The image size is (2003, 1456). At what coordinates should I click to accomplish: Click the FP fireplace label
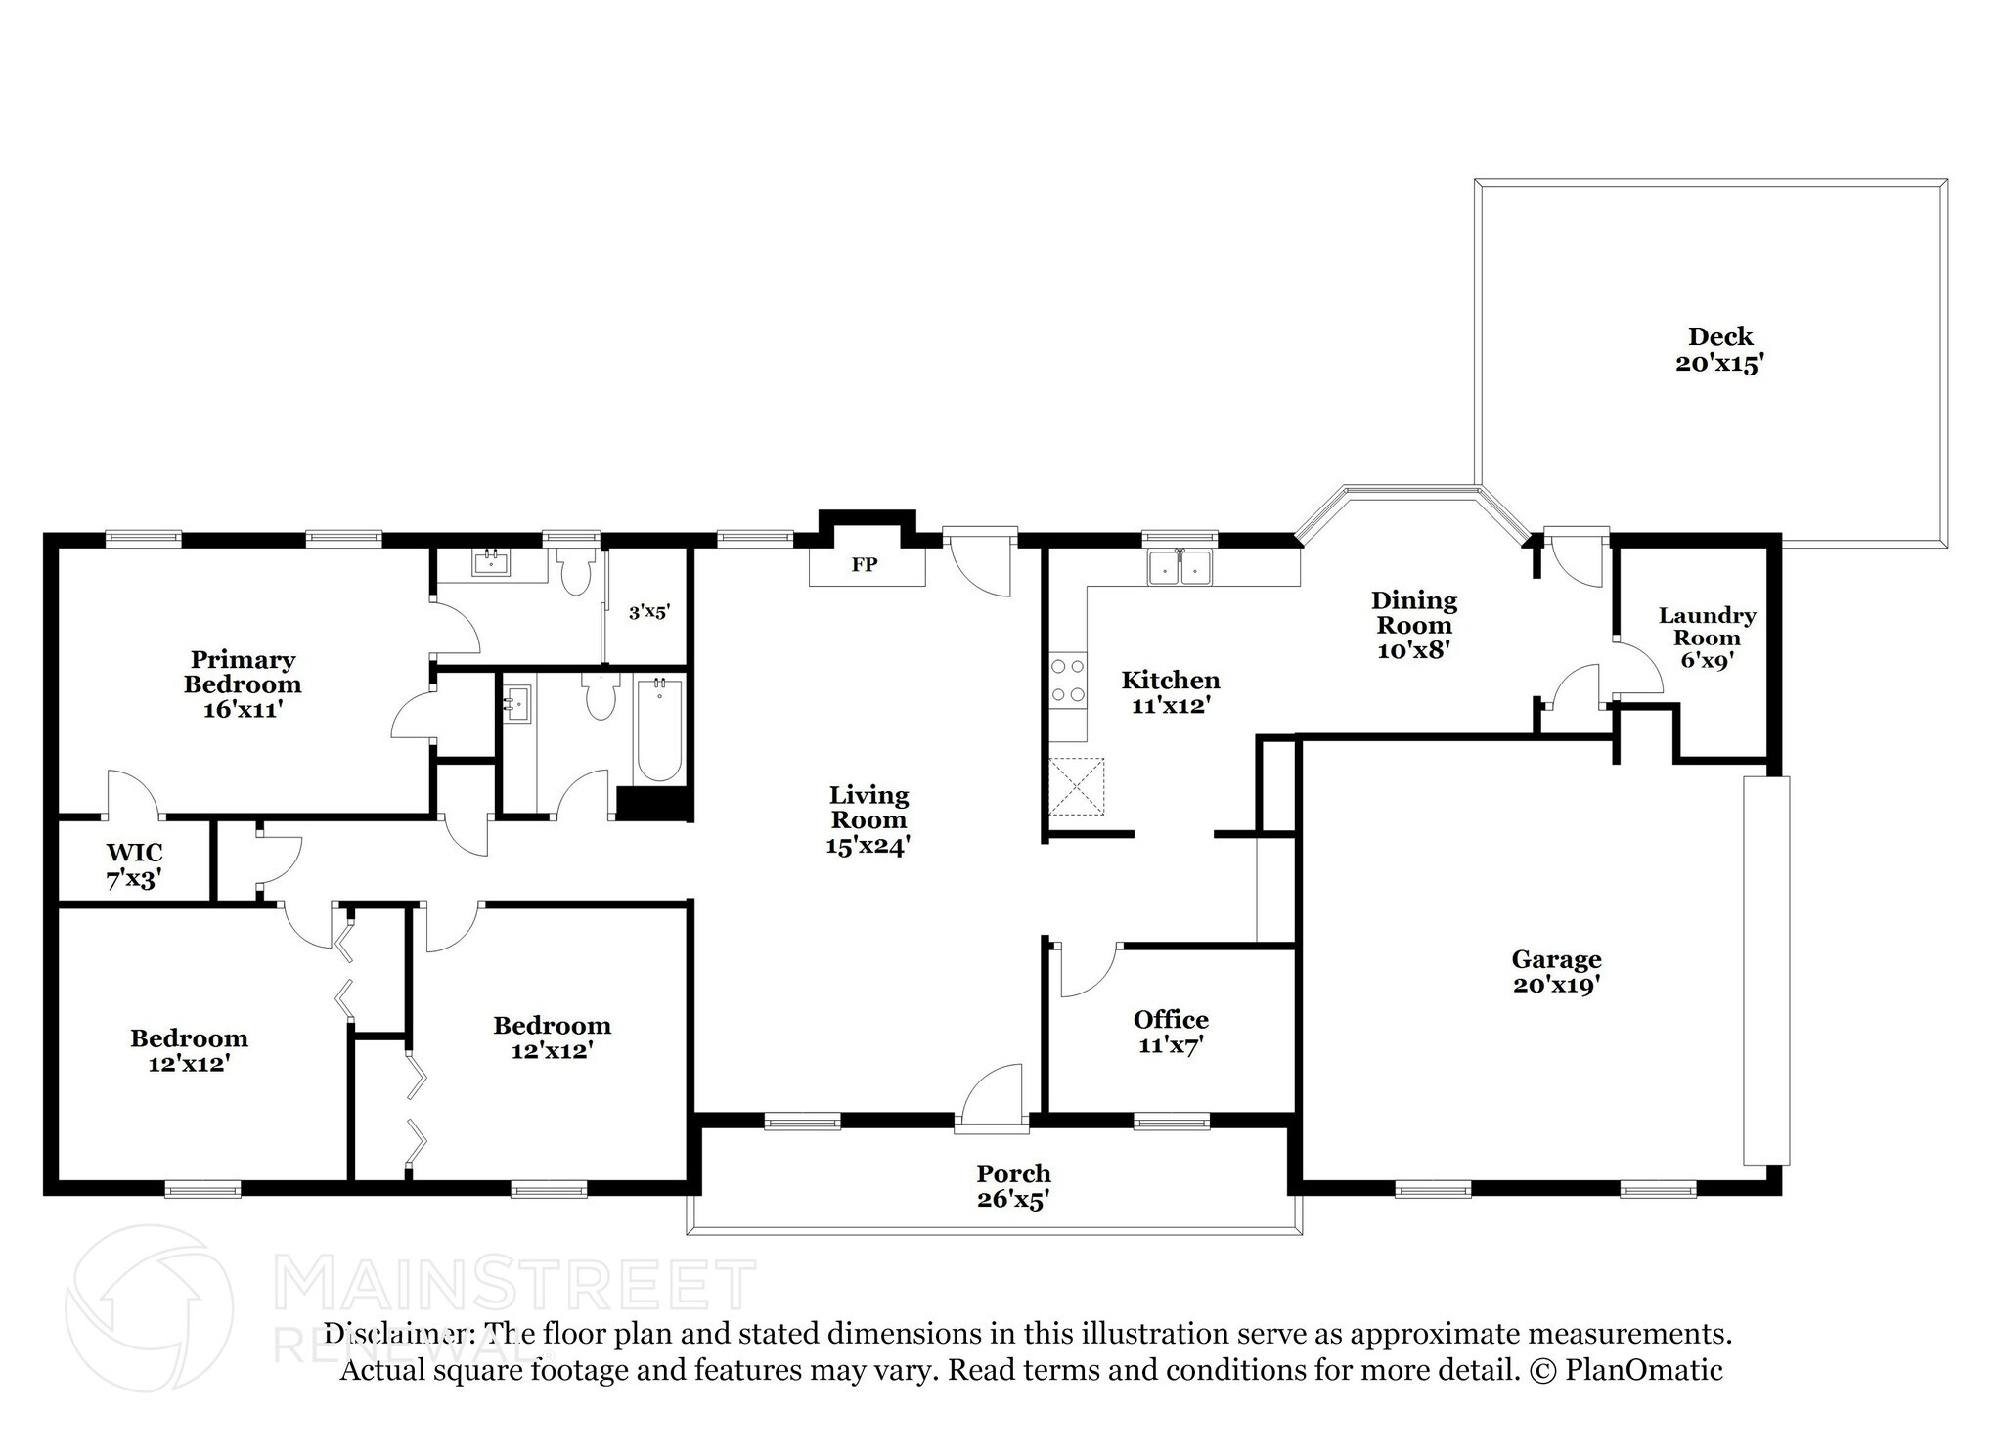coord(865,564)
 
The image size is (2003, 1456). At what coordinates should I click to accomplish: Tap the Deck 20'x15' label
coord(1720,350)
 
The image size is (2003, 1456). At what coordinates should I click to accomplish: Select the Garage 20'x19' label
coord(1556,972)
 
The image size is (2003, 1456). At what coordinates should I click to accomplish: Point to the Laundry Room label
coord(1707,627)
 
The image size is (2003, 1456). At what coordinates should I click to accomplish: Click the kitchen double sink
coord(1180,567)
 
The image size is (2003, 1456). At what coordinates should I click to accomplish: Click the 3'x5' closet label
coord(649,612)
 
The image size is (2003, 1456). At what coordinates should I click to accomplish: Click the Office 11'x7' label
coord(1171,1033)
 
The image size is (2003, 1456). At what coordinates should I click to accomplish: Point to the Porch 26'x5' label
coord(1013,1186)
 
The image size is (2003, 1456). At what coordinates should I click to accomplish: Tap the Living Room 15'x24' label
coord(868,820)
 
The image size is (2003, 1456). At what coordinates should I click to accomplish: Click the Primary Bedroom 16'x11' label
coord(243,684)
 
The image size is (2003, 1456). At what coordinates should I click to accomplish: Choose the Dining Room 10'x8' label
coord(1413,625)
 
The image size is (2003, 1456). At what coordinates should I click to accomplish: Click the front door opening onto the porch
coord(992,1097)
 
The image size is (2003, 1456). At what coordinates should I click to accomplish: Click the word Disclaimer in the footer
coord(393,1334)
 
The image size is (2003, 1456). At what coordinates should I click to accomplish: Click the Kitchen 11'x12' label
coord(1171,691)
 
